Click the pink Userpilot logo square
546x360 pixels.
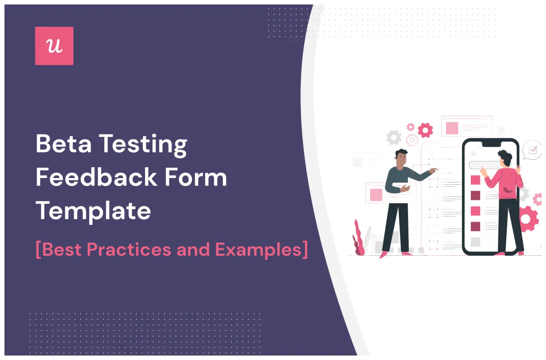click(54, 46)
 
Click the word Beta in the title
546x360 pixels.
click(63, 144)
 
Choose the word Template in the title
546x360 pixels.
click(93, 211)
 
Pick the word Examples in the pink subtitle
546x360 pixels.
click(261, 250)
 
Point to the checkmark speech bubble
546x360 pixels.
click(532, 150)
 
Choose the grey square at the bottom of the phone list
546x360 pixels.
click(475, 242)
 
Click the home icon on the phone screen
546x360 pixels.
click(473, 153)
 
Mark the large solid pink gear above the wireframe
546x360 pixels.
click(425, 130)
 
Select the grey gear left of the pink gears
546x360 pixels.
click(394, 137)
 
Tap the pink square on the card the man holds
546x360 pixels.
click(376, 195)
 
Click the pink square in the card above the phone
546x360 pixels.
click(452, 128)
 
